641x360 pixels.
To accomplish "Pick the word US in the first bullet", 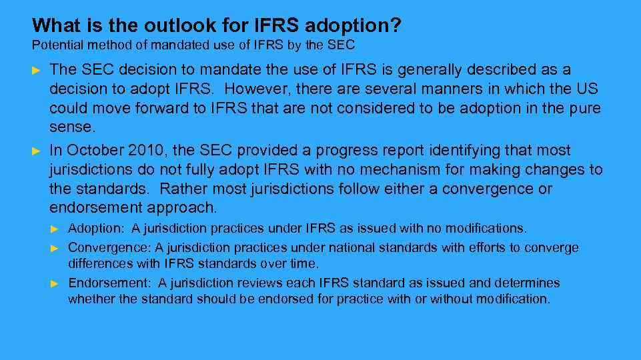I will (x=588, y=89).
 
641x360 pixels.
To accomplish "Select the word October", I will (x=93, y=151).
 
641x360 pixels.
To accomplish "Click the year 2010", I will (x=143, y=151).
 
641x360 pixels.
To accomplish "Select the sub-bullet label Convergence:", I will (x=110, y=248).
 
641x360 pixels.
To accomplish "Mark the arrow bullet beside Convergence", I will (x=55, y=248).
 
